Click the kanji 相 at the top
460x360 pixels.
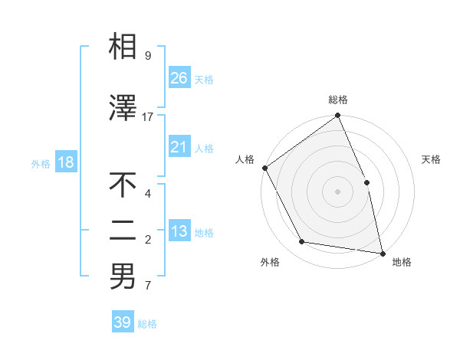123,47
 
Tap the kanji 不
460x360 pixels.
123,186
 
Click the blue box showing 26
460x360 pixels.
179,77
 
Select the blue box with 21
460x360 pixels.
179,147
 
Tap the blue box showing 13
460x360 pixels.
179,231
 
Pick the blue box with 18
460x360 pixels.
65,162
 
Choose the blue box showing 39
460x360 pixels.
123,322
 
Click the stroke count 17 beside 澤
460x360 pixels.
148,117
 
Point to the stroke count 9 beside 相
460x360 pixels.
147,56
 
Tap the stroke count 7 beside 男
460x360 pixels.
147,286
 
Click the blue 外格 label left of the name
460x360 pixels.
41,163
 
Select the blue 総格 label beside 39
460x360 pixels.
147,324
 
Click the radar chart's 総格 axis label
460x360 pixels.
338,100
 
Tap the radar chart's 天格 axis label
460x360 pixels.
432,159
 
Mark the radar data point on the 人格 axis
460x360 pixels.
264,168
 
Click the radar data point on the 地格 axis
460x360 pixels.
383,253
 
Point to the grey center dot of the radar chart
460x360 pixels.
337,191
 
